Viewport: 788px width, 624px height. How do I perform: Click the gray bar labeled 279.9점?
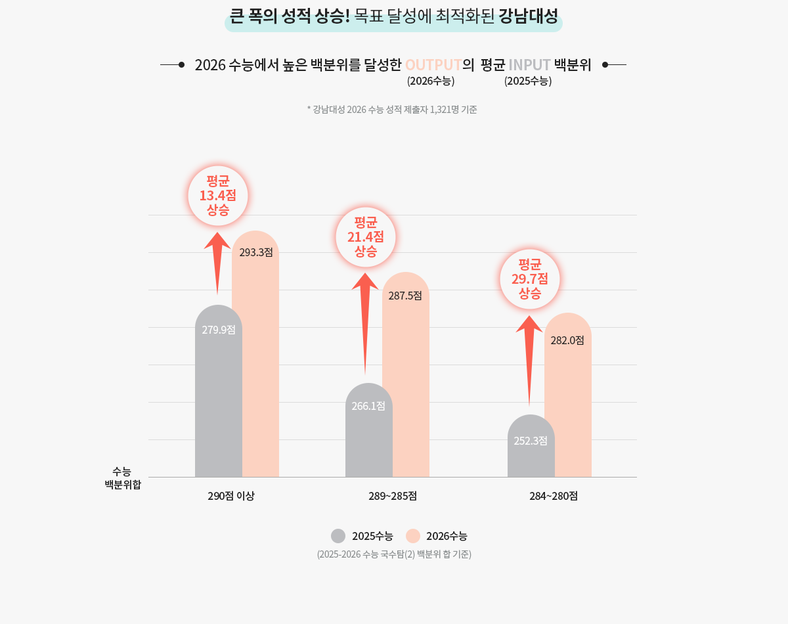219,394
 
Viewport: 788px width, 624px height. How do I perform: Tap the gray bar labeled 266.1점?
369,434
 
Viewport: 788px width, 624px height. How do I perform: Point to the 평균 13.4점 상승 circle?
218,196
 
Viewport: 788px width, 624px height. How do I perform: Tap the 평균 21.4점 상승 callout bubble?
366,237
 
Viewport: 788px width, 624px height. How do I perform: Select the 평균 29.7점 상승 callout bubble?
530,279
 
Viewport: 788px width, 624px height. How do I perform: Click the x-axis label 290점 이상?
231,496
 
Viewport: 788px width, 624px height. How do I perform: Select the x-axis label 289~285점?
393,496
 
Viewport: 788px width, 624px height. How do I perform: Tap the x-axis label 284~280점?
554,496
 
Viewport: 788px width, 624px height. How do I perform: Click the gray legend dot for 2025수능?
338,536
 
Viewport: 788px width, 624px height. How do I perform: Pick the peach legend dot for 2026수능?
413,536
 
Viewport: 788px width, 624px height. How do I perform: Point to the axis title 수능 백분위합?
123,478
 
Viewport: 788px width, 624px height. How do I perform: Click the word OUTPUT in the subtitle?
433,65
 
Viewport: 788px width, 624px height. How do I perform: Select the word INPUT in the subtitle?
529,65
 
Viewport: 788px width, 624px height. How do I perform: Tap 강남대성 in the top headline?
528,16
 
